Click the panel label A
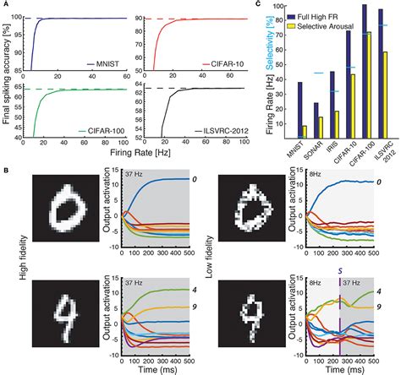pyautogui.click(x=6, y=5)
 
